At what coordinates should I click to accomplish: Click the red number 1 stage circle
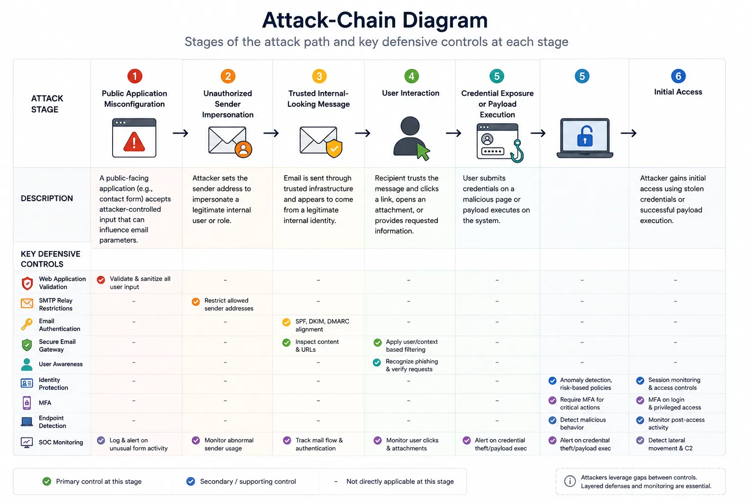135,76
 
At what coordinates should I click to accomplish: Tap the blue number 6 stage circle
678,76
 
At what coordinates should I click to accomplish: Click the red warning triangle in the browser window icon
134,141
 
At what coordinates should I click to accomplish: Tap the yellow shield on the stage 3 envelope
334,148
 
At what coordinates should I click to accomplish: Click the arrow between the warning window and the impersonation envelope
181,133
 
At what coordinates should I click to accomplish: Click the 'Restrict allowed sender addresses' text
229,304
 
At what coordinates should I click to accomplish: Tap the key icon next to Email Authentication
27,324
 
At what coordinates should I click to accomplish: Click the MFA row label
45,403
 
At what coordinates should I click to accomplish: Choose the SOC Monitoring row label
61,442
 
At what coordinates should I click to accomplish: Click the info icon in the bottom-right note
570,481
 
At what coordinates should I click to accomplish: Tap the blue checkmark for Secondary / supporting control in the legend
190,481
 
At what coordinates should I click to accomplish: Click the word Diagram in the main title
445,20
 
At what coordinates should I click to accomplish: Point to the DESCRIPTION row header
47,198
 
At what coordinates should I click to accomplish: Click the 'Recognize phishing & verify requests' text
412,365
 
